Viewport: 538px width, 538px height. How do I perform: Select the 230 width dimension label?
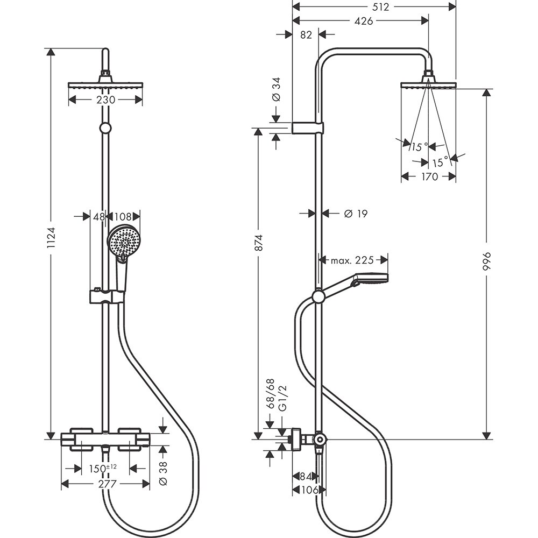[x=106, y=100]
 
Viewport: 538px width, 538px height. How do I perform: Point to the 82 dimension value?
[x=306, y=34]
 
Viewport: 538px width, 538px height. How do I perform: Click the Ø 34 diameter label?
[x=276, y=89]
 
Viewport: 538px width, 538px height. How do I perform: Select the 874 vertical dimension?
[x=259, y=245]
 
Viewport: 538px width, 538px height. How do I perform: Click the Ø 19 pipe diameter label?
[x=355, y=214]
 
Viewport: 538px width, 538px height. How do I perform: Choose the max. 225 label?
[x=352, y=260]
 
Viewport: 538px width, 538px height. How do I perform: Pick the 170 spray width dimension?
[x=428, y=176]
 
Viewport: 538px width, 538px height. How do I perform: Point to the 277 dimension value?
[x=105, y=485]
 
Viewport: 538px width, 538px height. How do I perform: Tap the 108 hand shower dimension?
[x=123, y=216]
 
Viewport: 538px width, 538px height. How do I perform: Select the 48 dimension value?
[x=98, y=216]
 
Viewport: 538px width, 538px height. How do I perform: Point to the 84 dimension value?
[x=306, y=476]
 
